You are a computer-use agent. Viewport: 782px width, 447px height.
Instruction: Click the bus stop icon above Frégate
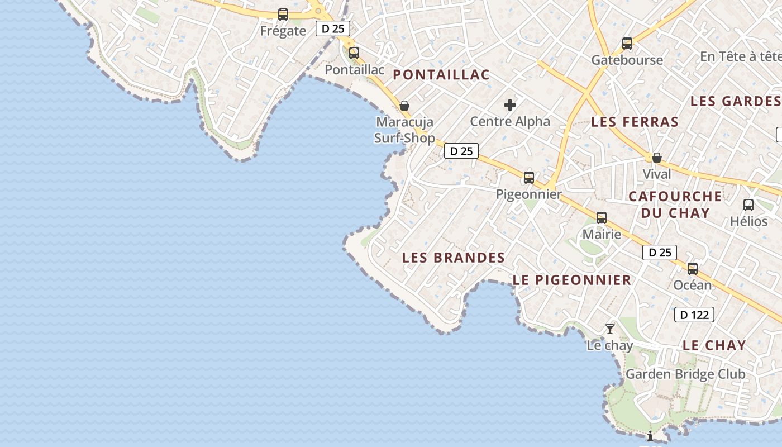click(x=283, y=15)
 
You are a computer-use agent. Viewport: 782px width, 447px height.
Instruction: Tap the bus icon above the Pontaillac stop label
click(x=354, y=53)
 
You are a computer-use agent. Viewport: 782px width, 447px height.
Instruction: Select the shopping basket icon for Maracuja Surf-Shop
click(x=404, y=106)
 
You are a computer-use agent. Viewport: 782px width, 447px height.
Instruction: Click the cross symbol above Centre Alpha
click(x=509, y=104)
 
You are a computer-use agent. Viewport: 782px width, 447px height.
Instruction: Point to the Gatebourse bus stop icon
click(x=627, y=44)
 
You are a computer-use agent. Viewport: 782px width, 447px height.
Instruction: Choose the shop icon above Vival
click(x=657, y=158)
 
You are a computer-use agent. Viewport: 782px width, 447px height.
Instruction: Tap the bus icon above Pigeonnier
click(x=529, y=178)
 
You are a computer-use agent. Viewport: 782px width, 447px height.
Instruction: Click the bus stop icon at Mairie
click(x=602, y=218)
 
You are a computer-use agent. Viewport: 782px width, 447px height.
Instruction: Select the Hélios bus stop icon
click(x=748, y=205)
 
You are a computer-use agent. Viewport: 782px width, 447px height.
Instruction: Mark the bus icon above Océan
click(x=693, y=269)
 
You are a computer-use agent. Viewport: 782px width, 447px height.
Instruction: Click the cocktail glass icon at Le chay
click(x=610, y=329)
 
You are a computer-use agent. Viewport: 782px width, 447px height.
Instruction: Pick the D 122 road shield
click(x=694, y=315)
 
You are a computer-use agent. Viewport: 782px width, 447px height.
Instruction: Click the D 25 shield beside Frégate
click(x=333, y=28)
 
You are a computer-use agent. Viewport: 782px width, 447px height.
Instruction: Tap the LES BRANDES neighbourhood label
click(x=454, y=258)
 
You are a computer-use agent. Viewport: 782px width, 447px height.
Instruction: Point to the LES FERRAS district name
click(x=635, y=122)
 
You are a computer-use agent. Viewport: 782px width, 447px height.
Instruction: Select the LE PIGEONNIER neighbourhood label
click(x=572, y=280)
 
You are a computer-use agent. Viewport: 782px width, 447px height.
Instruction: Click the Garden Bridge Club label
click(x=685, y=374)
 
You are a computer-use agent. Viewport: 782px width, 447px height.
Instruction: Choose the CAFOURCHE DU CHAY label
click(x=675, y=205)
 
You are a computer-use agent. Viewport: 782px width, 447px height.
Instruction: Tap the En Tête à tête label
click(x=740, y=56)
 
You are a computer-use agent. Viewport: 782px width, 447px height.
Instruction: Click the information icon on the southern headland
click(x=650, y=436)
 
